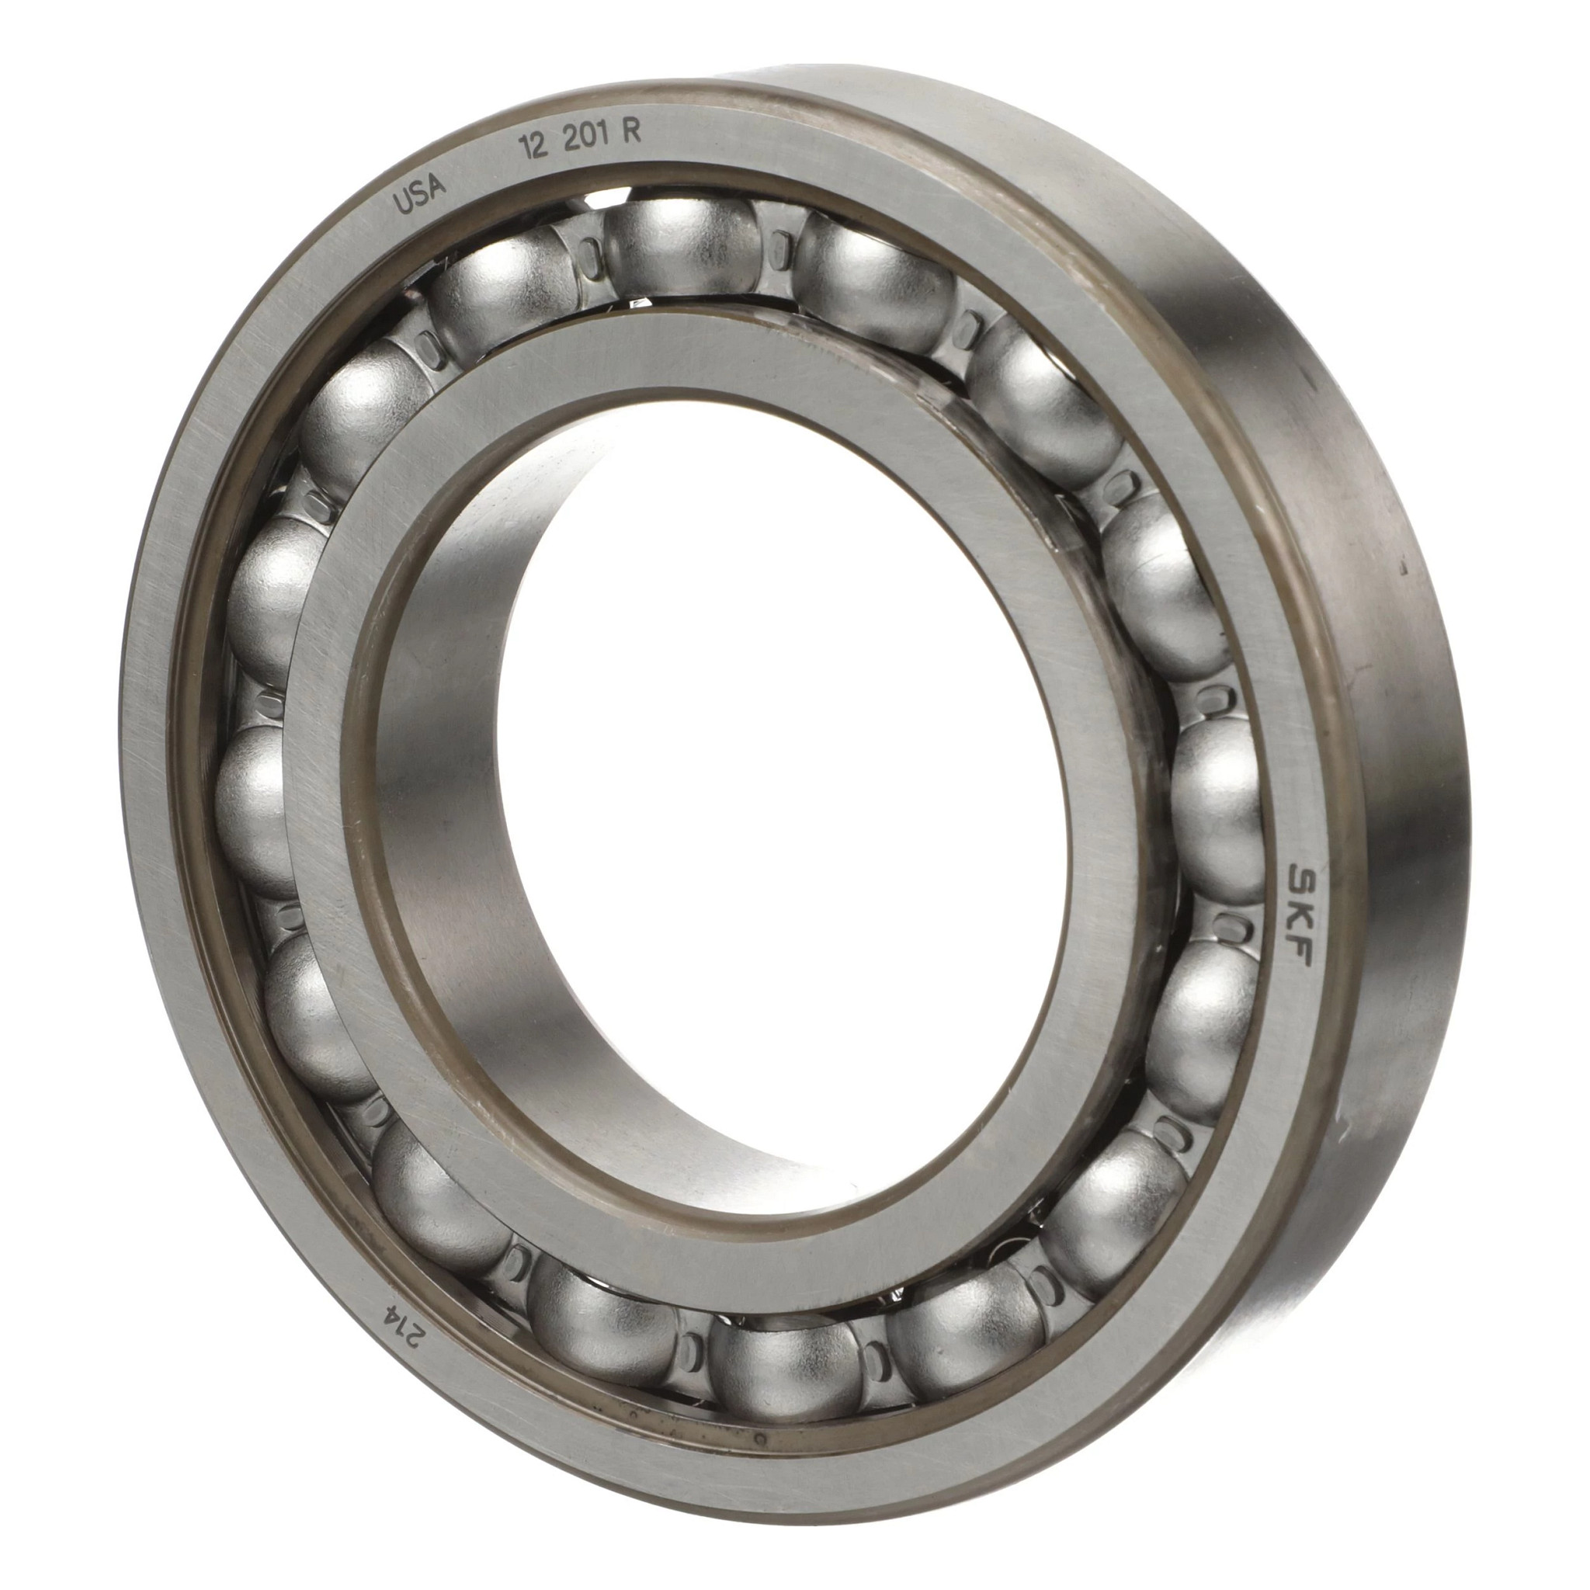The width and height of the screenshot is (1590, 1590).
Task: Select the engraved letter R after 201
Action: click(x=632, y=134)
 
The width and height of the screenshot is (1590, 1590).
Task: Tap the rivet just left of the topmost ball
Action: click(x=588, y=252)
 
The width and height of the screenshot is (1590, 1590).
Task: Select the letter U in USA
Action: click(x=402, y=202)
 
